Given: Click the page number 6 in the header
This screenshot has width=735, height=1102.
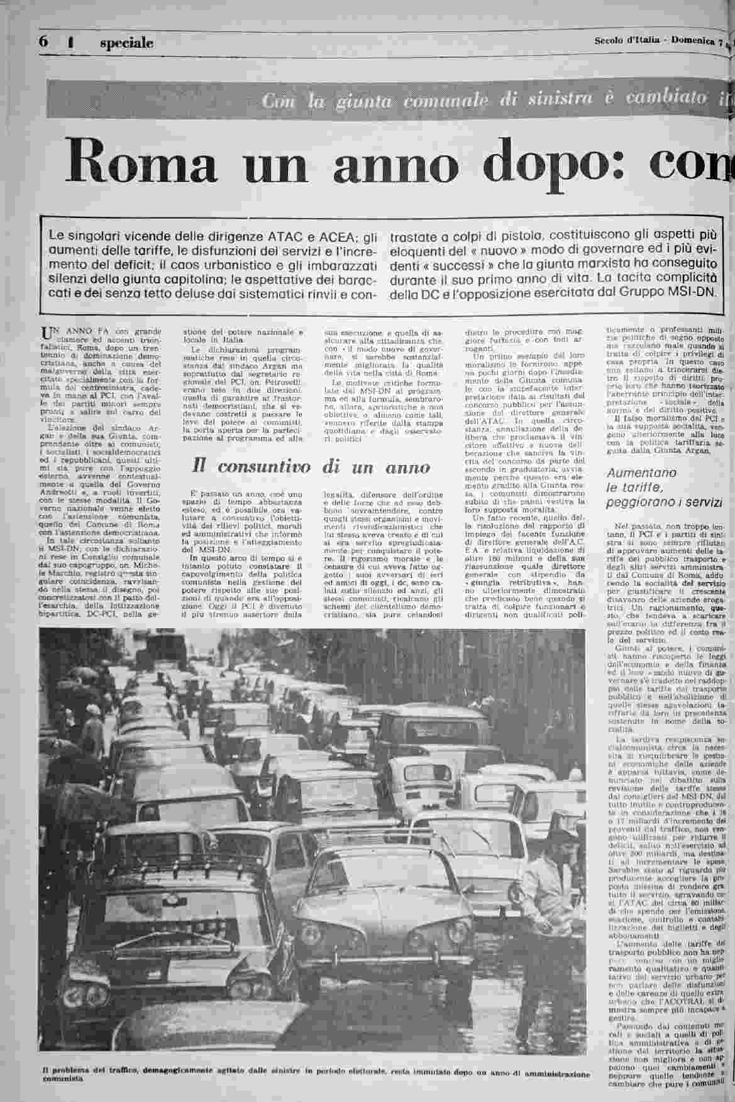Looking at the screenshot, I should (43, 41).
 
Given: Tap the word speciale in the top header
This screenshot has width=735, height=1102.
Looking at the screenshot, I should (126, 43).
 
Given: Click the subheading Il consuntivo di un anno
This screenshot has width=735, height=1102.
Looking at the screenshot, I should (311, 467).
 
